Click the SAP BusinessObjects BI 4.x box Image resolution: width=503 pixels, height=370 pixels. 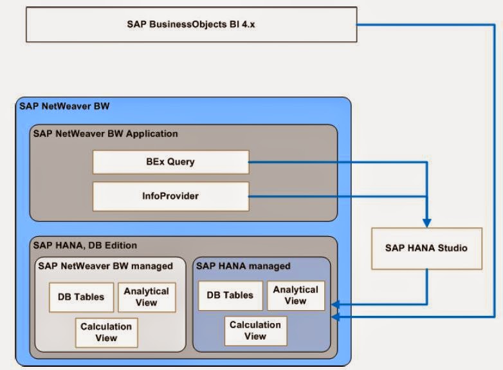pos(191,24)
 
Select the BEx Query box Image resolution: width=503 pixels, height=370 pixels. pos(170,162)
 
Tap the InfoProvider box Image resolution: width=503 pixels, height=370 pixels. pos(170,196)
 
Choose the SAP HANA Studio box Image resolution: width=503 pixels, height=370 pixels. pos(426,248)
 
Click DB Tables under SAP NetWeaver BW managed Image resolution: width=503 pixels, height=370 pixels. pos(81,297)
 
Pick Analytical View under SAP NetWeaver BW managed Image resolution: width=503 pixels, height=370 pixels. pos(147,297)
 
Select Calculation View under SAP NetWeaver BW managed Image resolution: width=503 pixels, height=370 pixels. pos(106,332)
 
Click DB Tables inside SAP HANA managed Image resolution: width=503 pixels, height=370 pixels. pos(230,295)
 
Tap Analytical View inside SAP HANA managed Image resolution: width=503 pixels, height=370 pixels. pos(295,295)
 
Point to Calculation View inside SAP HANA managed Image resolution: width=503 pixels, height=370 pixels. pos(255,331)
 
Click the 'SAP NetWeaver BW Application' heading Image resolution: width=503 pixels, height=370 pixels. pos(105,134)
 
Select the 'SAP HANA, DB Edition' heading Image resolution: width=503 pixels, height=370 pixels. pos(85,245)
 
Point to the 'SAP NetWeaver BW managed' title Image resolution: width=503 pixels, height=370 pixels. pos(105,265)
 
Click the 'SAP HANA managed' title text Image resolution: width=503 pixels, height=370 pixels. pos(243,265)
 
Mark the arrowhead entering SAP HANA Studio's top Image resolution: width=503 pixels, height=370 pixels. pos(426,221)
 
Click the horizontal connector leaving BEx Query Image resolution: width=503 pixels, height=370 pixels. pos(334,162)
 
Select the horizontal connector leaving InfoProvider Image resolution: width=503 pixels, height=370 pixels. pos(334,196)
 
